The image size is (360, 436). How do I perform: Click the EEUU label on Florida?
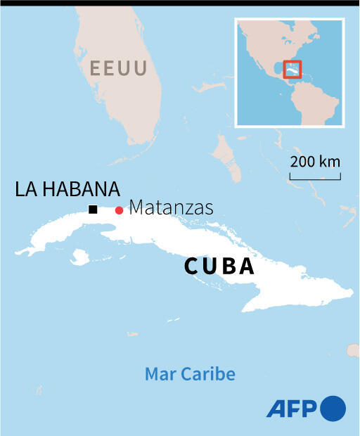pyautogui.click(x=118, y=68)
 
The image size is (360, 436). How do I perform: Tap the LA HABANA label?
pyautogui.click(x=67, y=189)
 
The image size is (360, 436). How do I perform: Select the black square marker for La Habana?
pyautogui.click(x=93, y=209)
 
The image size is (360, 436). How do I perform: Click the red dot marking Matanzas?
pyautogui.click(x=119, y=210)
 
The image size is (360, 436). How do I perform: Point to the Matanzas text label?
pyautogui.click(x=171, y=208)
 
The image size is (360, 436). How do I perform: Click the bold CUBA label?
pyautogui.click(x=219, y=267)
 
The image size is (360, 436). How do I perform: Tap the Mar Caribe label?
pyautogui.click(x=190, y=373)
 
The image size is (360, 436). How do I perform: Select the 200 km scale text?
pyautogui.click(x=315, y=162)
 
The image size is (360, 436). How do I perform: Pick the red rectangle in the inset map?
pyautogui.click(x=292, y=70)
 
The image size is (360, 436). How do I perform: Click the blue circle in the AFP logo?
pyautogui.click(x=333, y=408)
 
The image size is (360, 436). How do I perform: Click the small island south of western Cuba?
pyautogui.click(x=80, y=257)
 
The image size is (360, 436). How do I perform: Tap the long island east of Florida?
pyautogui.click(x=226, y=152)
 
